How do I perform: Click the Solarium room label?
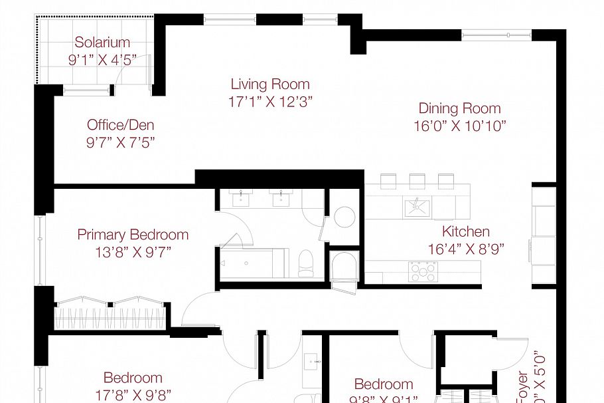point(102,43)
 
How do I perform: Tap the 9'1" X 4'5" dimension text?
point(102,59)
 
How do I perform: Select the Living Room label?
point(270,84)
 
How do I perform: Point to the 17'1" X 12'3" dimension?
point(270,102)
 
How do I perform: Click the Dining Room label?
point(459,108)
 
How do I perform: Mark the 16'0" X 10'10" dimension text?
point(459,126)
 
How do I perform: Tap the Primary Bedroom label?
point(133,235)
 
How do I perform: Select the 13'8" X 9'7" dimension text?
point(133,252)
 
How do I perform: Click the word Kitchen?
point(466,232)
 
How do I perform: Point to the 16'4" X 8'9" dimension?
point(466,249)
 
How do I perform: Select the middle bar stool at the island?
point(417,180)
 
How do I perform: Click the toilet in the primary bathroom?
point(307,262)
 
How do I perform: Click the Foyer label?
point(522,386)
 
